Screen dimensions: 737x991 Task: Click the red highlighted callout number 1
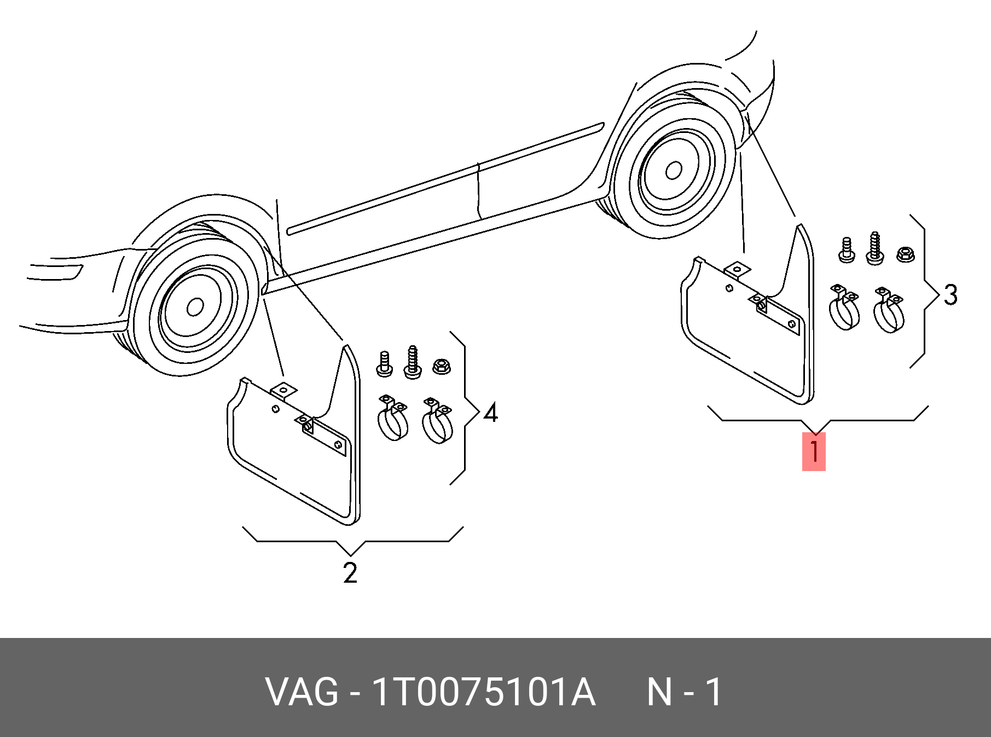coord(814,451)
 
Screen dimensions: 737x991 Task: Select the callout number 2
coord(350,573)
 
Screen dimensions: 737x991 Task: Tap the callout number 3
coord(951,295)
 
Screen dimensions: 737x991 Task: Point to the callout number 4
coord(491,413)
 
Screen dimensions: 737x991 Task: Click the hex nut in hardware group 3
coord(906,254)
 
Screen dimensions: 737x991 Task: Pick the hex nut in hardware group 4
coord(441,366)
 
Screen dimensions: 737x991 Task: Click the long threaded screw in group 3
coord(874,249)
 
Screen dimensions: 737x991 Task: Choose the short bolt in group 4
coord(385,364)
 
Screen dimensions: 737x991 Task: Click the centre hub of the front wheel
coord(195,307)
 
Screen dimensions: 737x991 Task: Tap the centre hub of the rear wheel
coord(674,171)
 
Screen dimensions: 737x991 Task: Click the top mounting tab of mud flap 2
coord(283,391)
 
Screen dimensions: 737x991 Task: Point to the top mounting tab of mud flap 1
coord(737,269)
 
